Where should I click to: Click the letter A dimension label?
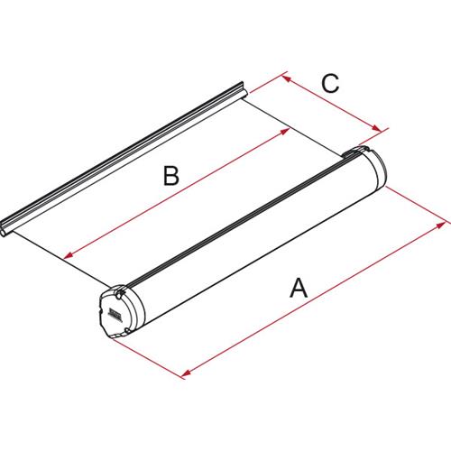pos(299,290)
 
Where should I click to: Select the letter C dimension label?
pos(330,84)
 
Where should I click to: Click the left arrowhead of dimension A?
pos(185,371)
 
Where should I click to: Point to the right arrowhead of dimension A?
pos(444,219)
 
